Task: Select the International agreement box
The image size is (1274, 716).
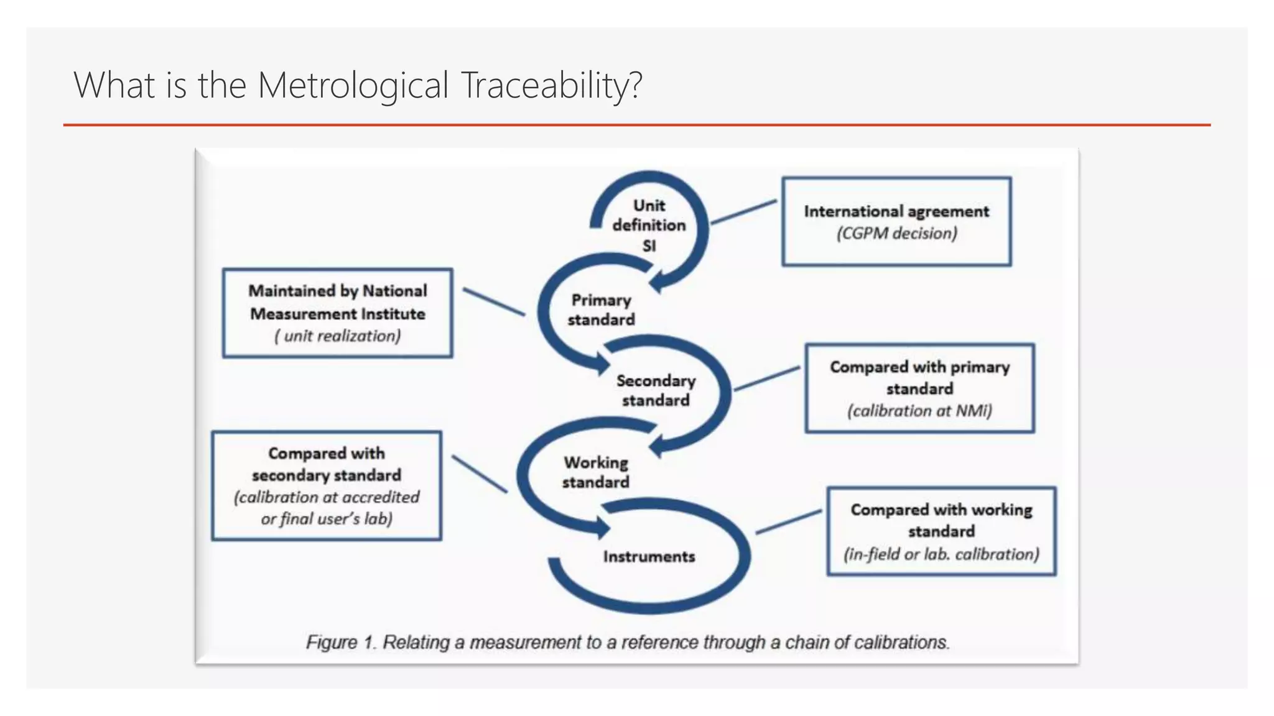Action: (896, 221)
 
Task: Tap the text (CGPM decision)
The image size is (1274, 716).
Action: (896, 234)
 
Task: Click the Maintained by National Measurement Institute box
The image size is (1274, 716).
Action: (337, 313)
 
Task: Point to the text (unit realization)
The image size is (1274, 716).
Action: (338, 336)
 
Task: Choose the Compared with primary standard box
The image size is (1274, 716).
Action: (919, 388)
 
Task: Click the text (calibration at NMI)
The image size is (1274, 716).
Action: (919, 411)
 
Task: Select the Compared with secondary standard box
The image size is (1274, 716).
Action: (327, 485)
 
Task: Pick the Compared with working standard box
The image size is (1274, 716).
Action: (941, 531)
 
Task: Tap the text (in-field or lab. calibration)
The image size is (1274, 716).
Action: (941, 554)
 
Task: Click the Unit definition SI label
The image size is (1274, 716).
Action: (649, 225)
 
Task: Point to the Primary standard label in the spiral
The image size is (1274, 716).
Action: (601, 310)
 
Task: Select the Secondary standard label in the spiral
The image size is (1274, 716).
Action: (656, 390)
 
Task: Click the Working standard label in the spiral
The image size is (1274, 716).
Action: (596, 472)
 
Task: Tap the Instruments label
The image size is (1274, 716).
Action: (649, 556)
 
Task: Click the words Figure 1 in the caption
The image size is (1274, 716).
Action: (341, 642)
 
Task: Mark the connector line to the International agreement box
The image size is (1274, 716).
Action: (743, 212)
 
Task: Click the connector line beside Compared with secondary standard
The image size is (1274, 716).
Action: (479, 474)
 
